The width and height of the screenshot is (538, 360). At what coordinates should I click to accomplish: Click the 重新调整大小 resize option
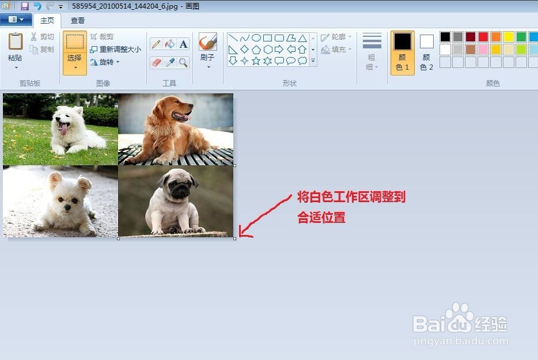[x=115, y=50]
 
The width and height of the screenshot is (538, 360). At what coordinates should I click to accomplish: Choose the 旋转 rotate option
[x=105, y=62]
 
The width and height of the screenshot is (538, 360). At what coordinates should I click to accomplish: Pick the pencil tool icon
[x=156, y=44]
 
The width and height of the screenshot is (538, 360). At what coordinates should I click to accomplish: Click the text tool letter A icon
[x=183, y=44]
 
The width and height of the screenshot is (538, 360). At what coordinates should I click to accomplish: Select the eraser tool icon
[x=156, y=62]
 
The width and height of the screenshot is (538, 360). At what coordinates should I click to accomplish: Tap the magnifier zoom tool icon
[x=183, y=62]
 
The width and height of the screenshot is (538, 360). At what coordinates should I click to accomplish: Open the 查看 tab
[x=78, y=20]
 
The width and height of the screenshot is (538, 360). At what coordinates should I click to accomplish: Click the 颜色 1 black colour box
[x=402, y=42]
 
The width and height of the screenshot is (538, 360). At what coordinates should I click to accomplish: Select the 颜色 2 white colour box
[x=426, y=42]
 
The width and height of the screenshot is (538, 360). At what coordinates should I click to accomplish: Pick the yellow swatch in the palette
[x=509, y=37]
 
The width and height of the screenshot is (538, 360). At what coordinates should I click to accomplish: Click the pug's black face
[x=179, y=188]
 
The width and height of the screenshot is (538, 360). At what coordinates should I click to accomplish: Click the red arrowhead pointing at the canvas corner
[x=242, y=233]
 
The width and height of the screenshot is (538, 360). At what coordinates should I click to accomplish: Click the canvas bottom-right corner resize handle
[x=234, y=238]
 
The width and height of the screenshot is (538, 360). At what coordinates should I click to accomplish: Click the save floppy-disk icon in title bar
[x=24, y=6]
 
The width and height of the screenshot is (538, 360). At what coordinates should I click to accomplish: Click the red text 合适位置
[x=321, y=218]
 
